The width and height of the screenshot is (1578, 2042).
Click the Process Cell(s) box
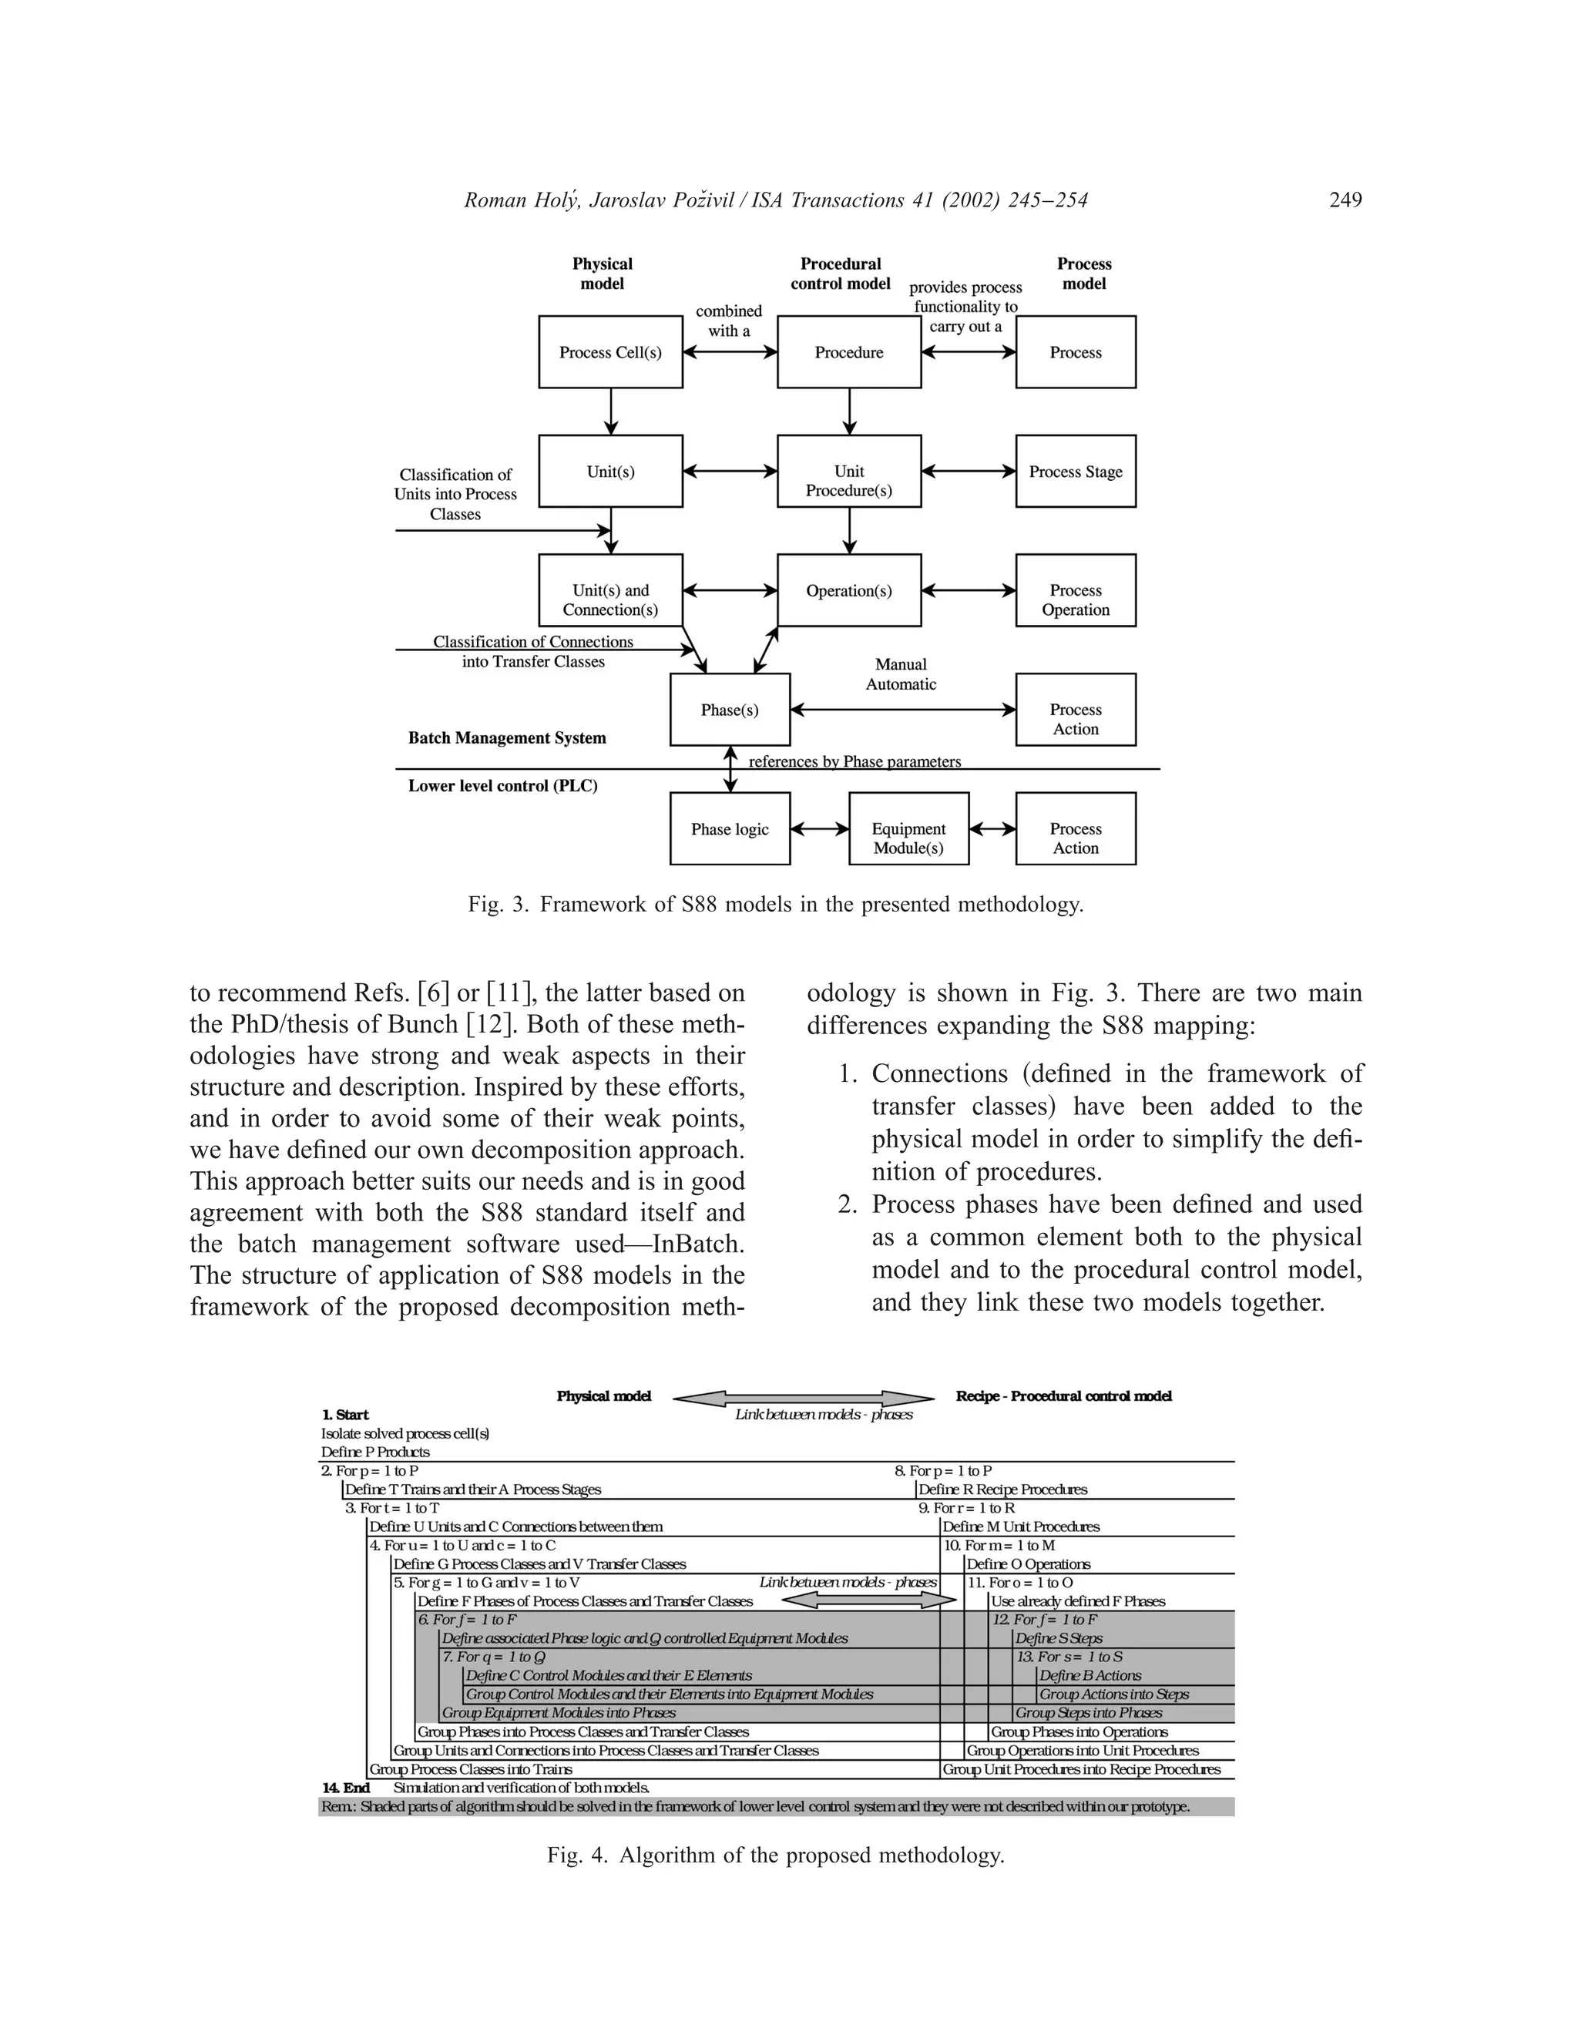coord(609,351)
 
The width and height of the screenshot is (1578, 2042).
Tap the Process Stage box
coord(1075,472)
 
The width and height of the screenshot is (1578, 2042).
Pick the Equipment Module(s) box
coord(908,838)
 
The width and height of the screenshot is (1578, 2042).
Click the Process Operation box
coord(1075,600)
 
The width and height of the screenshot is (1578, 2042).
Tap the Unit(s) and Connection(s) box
coord(609,600)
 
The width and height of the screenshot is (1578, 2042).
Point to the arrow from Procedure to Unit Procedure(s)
coord(849,411)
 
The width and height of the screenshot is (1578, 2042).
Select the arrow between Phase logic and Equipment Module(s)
coord(820,828)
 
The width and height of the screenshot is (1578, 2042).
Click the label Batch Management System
coord(507,737)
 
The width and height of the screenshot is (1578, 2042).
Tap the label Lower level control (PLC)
coord(502,785)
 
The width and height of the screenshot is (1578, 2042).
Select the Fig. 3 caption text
coord(775,904)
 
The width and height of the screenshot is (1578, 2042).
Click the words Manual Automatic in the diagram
coord(899,674)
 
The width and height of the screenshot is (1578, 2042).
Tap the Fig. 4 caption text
coord(775,1854)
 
